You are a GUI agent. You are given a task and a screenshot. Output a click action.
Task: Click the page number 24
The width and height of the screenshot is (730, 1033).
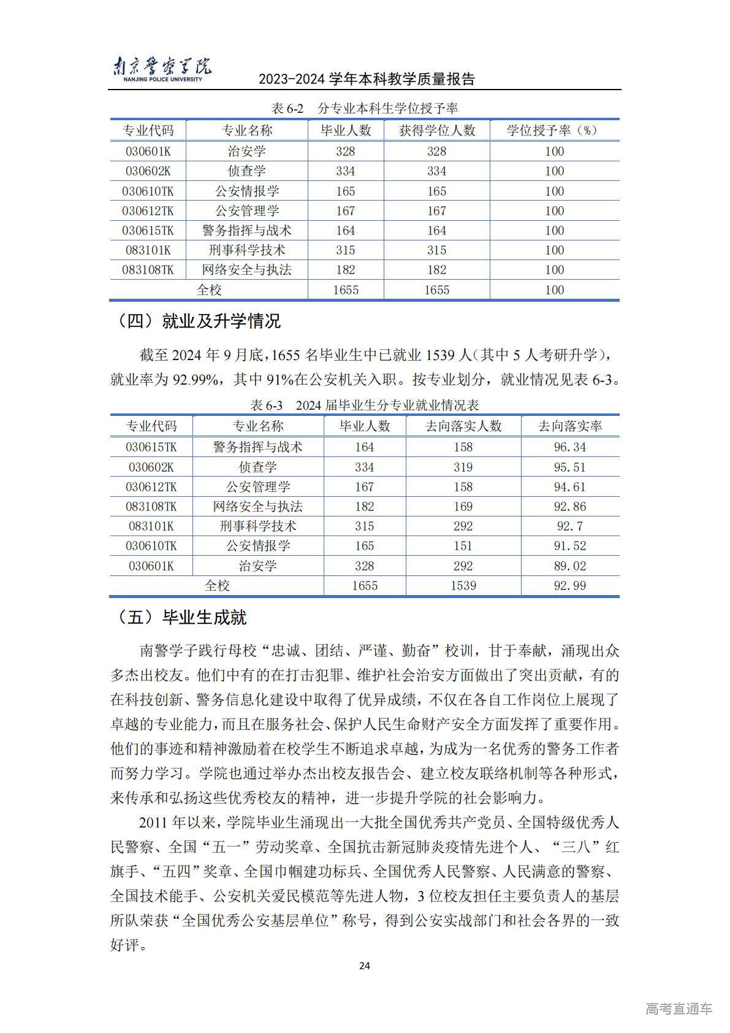click(x=364, y=966)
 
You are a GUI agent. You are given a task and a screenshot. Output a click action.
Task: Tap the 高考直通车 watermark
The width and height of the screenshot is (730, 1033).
click(x=679, y=1008)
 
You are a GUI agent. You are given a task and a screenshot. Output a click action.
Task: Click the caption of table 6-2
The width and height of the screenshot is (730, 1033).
click(x=364, y=109)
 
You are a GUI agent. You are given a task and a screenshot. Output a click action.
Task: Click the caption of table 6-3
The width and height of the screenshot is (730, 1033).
click(x=364, y=405)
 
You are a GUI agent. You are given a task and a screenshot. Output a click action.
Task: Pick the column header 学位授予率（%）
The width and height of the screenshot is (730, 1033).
click(x=554, y=130)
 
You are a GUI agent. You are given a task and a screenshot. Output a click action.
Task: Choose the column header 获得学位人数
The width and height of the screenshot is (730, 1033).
click(x=436, y=130)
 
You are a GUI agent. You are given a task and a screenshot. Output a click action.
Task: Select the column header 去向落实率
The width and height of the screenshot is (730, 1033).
click(x=570, y=426)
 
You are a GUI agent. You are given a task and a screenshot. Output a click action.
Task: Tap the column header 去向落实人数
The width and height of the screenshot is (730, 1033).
click(x=463, y=426)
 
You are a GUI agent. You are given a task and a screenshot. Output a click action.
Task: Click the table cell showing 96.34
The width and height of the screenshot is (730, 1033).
click(x=570, y=447)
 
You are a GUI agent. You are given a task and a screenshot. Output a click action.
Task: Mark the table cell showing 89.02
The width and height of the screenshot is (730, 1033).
click(x=570, y=566)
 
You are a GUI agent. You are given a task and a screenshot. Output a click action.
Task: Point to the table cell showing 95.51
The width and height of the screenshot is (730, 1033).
click(x=570, y=467)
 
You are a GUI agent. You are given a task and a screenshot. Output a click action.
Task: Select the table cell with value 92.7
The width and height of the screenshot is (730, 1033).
click(x=570, y=526)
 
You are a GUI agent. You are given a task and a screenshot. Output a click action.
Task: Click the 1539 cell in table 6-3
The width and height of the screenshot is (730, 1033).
click(x=463, y=586)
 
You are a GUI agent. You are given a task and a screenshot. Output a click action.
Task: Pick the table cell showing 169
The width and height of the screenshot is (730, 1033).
click(x=463, y=507)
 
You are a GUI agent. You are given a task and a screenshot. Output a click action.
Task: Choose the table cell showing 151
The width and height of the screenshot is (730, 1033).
click(x=463, y=546)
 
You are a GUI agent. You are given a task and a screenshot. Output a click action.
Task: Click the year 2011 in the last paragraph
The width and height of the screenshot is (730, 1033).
click(x=153, y=822)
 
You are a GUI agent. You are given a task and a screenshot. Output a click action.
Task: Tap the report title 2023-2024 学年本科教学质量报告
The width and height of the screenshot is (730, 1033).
click(x=367, y=79)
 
